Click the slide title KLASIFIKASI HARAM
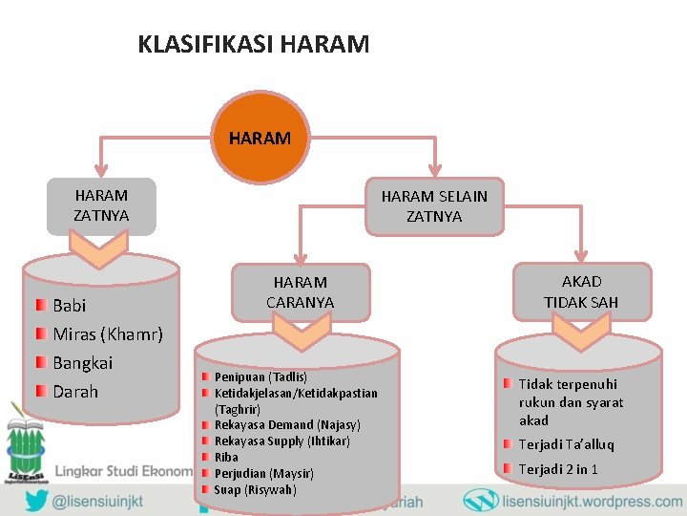coord(253,44)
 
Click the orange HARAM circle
coord(260,138)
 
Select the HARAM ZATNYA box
coord(101,205)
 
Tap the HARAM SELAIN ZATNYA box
coord(434,206)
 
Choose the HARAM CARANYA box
coord(300,292)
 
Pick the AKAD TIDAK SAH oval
coord(581,292)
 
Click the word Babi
coord(70,306)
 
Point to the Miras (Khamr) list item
coord(108,334)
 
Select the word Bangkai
coord(82,363)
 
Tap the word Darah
coord(75,392)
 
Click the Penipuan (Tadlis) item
coord(260,377)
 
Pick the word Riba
coord(226,458)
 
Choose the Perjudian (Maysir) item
coord(263,474)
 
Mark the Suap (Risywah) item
coord(255,490)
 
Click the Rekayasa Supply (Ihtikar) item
coord(281,441)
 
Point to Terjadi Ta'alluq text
coord(566,444)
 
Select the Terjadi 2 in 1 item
coord(558,469)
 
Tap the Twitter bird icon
coord(36,501)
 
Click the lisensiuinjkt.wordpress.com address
coord(592,501)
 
